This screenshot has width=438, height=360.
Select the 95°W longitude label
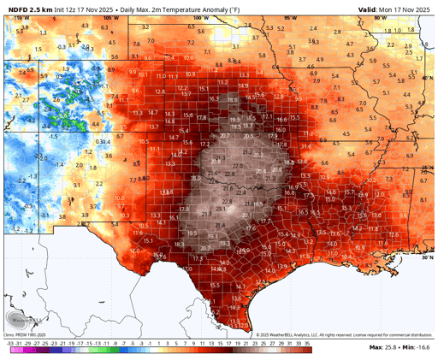pos(293,17)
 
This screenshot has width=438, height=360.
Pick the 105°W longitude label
pos(107,17)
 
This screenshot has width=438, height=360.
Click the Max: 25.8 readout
pos(384,348)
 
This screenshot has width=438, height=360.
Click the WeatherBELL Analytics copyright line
pos(274,334)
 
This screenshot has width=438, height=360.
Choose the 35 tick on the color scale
pos(306,342)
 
